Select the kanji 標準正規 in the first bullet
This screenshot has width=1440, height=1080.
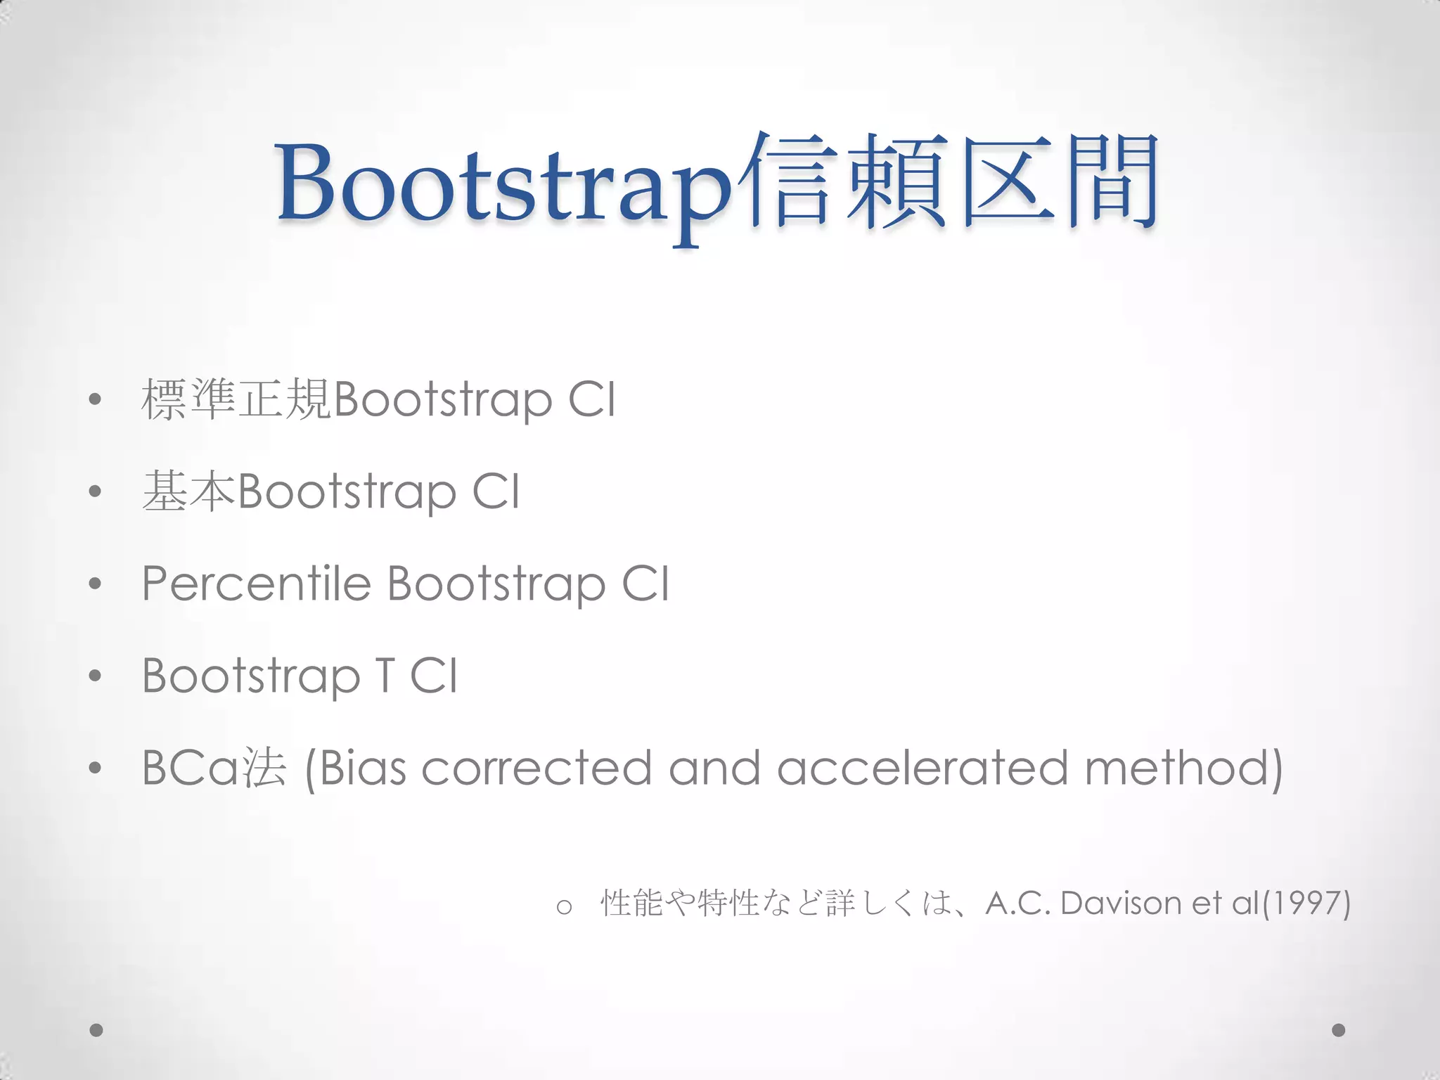point(236,399)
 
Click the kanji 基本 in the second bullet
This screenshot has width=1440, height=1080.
point(188,491)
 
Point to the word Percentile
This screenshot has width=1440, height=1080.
point(256,584)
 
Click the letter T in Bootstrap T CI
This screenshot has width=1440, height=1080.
point(385,676)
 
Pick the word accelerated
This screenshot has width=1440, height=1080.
point(922,768)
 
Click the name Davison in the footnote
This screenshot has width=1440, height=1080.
point(1121,904)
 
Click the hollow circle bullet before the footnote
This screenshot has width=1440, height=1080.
point(563,907)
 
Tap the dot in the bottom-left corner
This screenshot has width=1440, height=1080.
point(96,1030)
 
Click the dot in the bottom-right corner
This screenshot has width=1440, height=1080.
point(1339,1030)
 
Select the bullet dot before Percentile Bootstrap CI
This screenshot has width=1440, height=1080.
point(96,584)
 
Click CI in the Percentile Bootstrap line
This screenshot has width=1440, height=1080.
point(645,584)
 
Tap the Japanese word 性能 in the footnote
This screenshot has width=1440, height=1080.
point(632,904)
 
